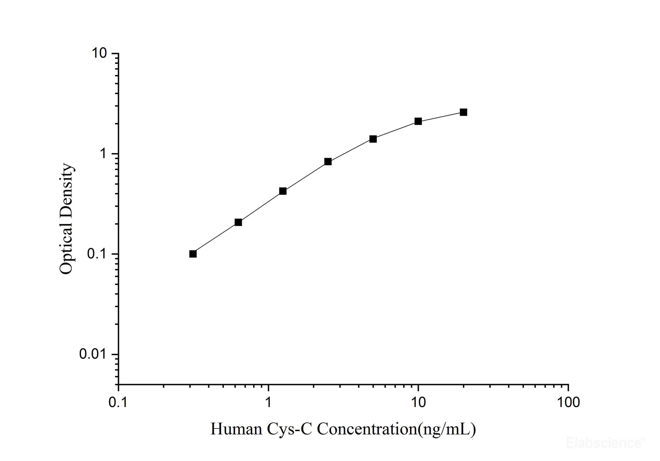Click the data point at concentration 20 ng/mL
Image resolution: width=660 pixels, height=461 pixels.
(463, 112)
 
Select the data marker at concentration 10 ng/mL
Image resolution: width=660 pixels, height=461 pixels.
(418, 121)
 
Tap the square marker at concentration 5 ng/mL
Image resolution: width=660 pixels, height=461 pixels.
(373, 139)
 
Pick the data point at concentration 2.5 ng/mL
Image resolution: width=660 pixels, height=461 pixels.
(328, 161)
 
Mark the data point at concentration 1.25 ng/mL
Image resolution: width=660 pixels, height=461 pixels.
(283, 191)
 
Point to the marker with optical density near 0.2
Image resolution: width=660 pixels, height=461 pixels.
(238, 222)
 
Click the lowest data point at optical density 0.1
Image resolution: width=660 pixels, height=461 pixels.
(193, 254)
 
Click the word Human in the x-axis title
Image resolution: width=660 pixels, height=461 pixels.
(236, 429)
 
